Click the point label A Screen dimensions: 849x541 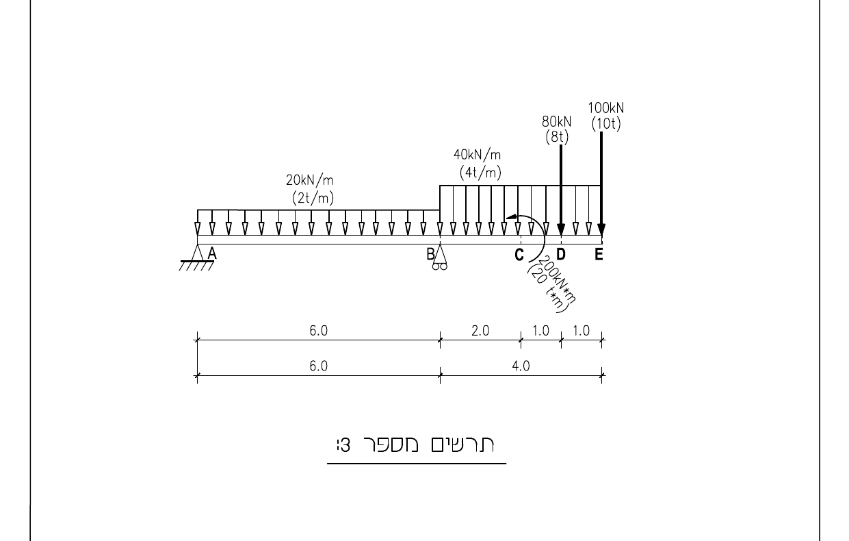coord(212,253)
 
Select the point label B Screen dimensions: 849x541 coord(430,254)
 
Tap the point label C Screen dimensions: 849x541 coord(519,255)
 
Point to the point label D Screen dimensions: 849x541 coord(561,254)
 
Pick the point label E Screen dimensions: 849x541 coord(599,254)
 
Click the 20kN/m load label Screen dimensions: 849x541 coord(310,180)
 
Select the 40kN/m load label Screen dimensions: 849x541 coord(478,155)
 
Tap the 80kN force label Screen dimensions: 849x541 coord(556,122)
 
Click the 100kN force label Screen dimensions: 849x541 coord(605,108)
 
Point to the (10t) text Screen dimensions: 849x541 coord(606,124)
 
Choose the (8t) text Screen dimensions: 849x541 coord(557,136)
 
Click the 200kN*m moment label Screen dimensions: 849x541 coord(557,279)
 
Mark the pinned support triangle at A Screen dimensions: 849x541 coord(197,253)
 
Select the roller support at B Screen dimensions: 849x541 coord(440,257)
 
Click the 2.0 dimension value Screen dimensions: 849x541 coord(480,331)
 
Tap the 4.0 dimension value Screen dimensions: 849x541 coord(521,366)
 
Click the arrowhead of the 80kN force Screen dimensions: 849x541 coord(561,230)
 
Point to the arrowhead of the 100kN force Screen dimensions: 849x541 coord(601,230)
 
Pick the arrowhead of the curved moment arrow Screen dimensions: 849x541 coord(511,216)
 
